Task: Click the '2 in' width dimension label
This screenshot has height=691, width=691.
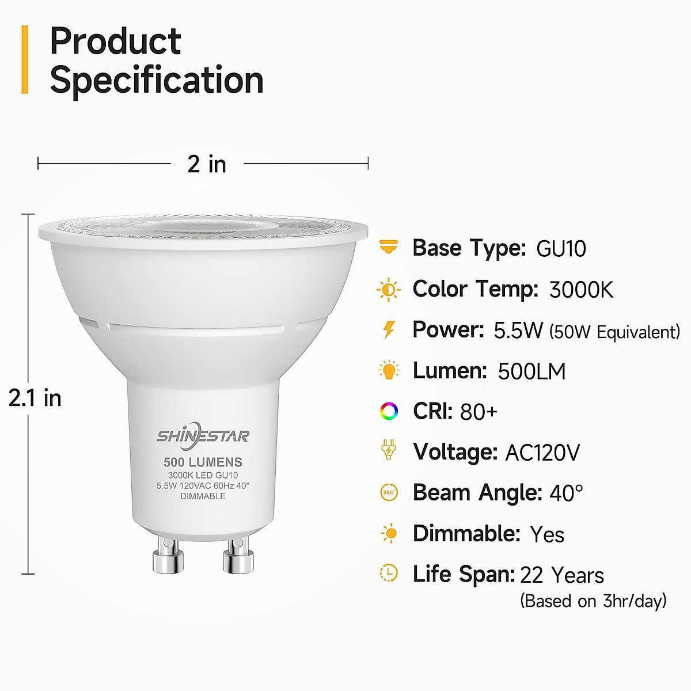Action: [x=207, y=164]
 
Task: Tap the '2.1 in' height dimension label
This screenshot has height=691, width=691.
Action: [x=35, y=398]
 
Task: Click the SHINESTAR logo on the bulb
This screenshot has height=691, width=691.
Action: [x=203, y=436]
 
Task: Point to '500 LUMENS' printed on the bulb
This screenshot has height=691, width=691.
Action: [x=203, y=462]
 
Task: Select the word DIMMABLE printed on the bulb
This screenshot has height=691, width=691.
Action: [x=203, y=496]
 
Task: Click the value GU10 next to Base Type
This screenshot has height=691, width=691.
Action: [x=561, y=249]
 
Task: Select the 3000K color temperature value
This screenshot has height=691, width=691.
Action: [x=581, y=290]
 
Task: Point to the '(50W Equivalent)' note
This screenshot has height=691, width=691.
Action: [x=614, y=332]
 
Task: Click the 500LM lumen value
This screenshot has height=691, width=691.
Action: [x=531, y=371]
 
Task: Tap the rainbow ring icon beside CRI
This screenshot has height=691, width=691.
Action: [x=389, y=411]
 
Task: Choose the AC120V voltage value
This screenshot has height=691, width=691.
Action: [x=542, y=453]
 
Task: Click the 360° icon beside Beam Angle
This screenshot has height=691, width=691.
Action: [x=389, y=493]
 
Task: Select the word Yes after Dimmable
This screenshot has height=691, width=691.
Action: [x=546, y=534]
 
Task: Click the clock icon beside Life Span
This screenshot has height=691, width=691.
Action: [x=389, y=573]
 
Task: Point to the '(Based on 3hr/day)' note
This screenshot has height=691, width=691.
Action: [x=593, y=601]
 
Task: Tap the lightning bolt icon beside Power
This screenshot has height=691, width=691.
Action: [x=389, y=329]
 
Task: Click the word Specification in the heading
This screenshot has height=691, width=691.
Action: [x=157, y=80]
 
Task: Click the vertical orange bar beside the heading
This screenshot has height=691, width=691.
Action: [x=25, y=59]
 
